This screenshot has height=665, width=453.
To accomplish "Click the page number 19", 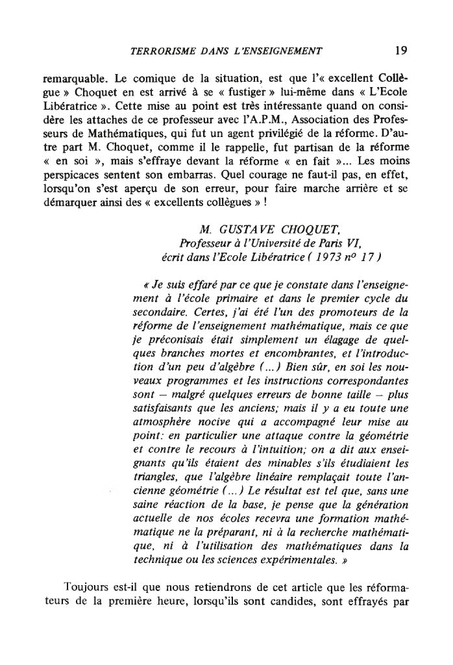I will pos(401,49).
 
